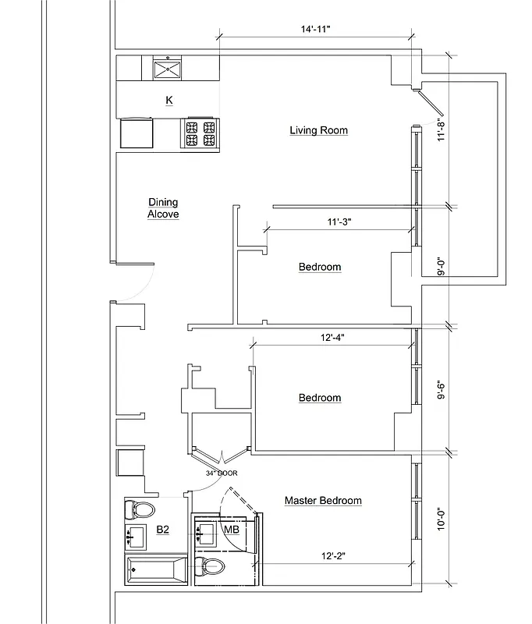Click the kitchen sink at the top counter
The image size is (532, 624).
tap(168, 68)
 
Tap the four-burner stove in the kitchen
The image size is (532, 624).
tap(200, 133)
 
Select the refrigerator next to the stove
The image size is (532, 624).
tap(136, 133)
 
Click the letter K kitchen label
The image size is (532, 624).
tap(168, 100)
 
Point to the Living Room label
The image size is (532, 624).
tap(318, 130)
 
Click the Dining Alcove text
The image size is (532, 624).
tap(164, 207)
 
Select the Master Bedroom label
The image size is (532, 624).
tap(323, 501)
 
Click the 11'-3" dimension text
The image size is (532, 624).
tap(339, 222)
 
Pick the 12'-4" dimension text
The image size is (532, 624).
tap(332, 338)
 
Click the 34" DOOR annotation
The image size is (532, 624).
tap(222, 473)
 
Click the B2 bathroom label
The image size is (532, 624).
tap(163, 530)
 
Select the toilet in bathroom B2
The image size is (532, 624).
tap(141, 509)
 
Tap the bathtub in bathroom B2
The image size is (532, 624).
tap(155, 569)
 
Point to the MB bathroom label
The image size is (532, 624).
tap(231, 530)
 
